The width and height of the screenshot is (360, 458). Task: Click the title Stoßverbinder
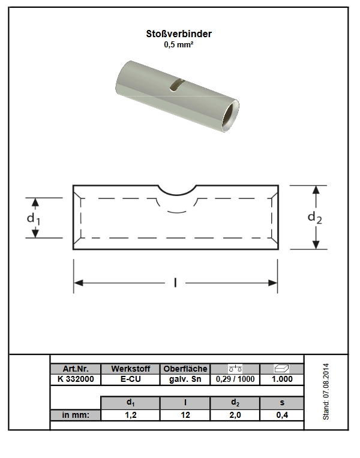[179, 34]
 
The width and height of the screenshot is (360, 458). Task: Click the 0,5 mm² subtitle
[178, 45]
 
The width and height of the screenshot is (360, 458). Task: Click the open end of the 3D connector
[230, 115]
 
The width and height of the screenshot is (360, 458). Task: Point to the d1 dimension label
[34, 219]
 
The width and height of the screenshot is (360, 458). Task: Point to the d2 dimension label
[314, 218]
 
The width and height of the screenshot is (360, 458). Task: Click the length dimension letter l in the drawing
[175, 283]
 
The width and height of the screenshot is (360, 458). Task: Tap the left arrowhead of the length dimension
[79, 283]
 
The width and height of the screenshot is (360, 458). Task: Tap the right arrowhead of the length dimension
[272, 283]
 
